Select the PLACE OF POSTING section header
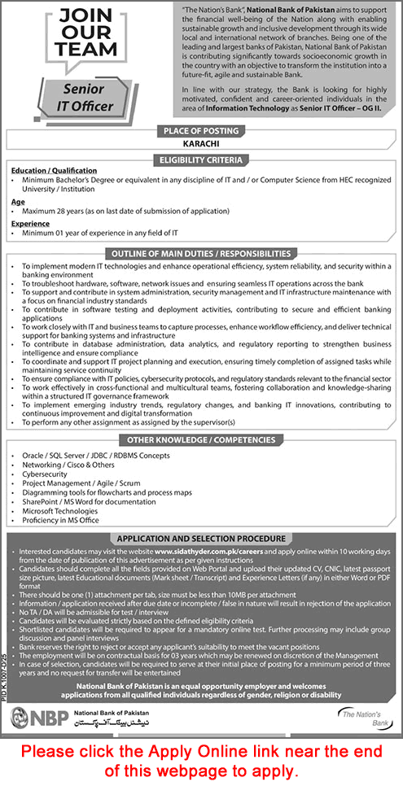click(201, 130)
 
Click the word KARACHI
click(201, 143)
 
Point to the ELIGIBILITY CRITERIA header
click(201, 160)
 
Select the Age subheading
click(18, 199)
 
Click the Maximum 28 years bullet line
click(122, 211)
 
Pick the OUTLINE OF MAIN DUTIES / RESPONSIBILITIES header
click(201, 253)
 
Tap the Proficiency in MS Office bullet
click(60, 518)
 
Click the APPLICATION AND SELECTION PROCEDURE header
click(201, 539)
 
